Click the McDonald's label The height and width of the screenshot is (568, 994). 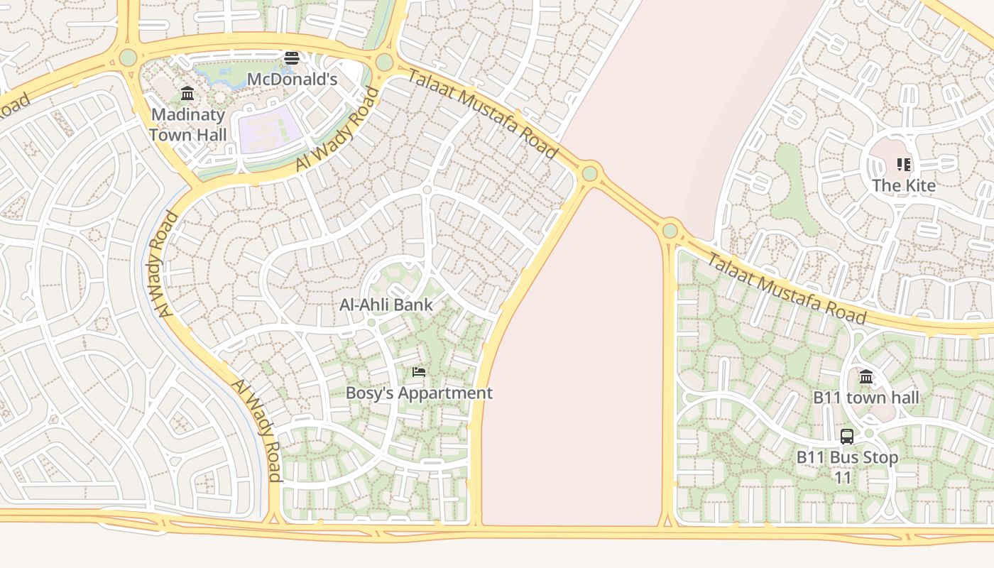click(292, 79)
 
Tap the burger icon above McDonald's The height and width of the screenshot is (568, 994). click(292, 58)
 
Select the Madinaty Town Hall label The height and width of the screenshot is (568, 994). click(188, 124)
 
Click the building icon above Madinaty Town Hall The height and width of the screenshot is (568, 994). click(187, 93)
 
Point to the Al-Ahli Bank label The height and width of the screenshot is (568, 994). click(386, 305)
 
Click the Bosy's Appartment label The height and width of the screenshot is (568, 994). click(419, 393)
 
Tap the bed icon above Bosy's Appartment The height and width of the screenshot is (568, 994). click(419, 371)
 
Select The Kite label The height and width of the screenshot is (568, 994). click(904, 185)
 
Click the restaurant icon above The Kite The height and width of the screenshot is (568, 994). click(904, 165)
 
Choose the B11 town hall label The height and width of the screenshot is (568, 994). click(866, 398)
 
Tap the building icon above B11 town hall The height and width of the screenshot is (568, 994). click(866, 376)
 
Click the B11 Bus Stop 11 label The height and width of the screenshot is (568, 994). click(847, 466)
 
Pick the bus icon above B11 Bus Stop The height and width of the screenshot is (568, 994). click(847, 436)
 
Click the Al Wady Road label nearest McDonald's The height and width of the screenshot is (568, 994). click(337, 129)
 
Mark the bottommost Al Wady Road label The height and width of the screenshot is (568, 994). click(257, 430)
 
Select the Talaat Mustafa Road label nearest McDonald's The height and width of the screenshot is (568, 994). click(483, 114)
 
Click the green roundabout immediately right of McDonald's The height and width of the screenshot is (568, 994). click(384, 62)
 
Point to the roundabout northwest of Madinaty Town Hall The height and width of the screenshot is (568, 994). click(128, 57)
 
